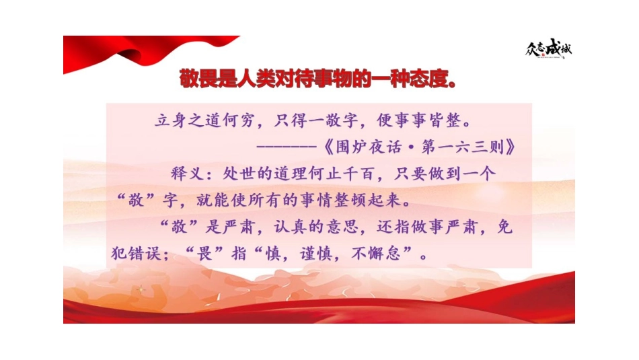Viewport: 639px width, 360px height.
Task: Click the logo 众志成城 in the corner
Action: tap(549, 49)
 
